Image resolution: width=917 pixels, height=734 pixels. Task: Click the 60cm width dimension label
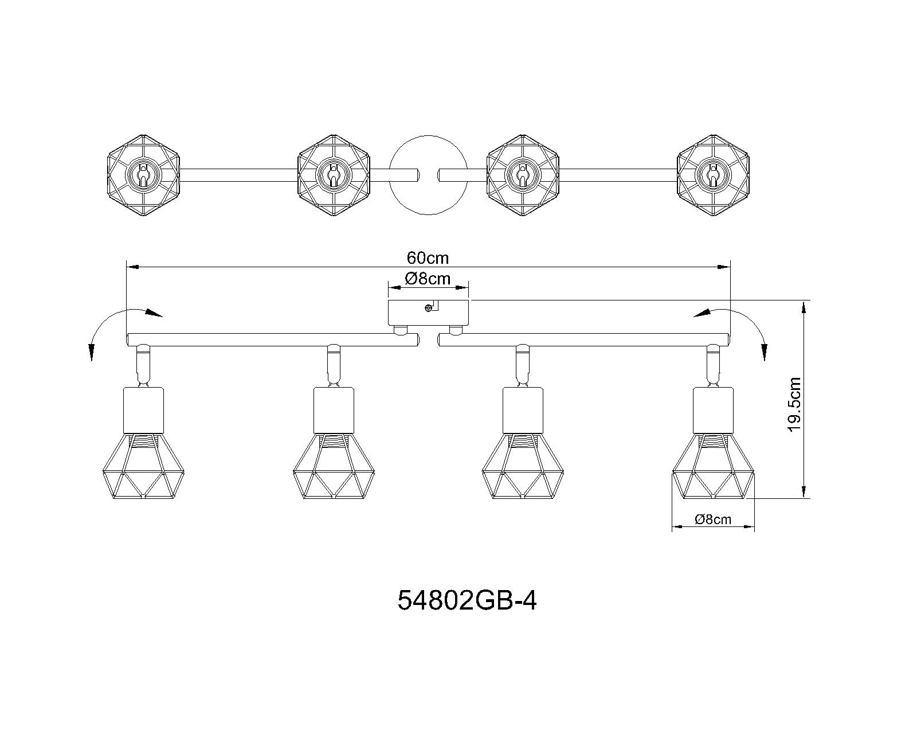click(x=428, y=258)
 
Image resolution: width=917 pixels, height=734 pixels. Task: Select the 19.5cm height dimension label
click(x=794, y=404)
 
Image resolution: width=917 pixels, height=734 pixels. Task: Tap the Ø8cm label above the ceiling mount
click(x=428, y=279)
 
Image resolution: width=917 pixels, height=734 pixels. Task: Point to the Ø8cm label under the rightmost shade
click(x=713, y=519)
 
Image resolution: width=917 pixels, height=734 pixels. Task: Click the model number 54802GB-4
click(x=467, y=601)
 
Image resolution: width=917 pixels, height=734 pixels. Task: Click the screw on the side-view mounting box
click(x=429, y=308)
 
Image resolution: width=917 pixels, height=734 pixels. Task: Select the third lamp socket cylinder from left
click(x=523, y=410)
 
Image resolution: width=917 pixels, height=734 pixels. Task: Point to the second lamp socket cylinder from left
click(x=334, y=410)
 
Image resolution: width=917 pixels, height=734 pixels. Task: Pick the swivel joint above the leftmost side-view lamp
click(x=143, y=364)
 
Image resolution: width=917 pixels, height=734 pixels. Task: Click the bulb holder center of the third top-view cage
click(x=523, y=175)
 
